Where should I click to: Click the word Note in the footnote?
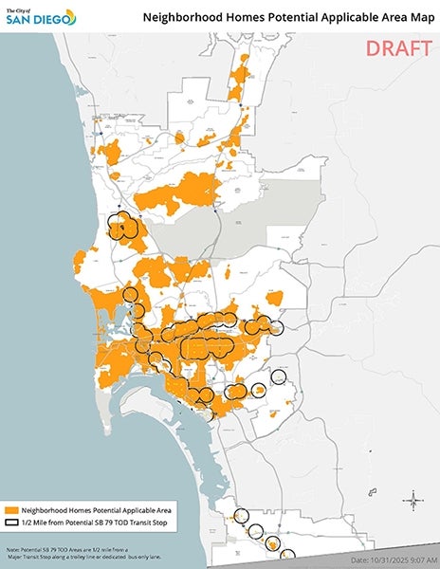tap(12, 549)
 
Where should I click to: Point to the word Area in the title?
tap(389, 16)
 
